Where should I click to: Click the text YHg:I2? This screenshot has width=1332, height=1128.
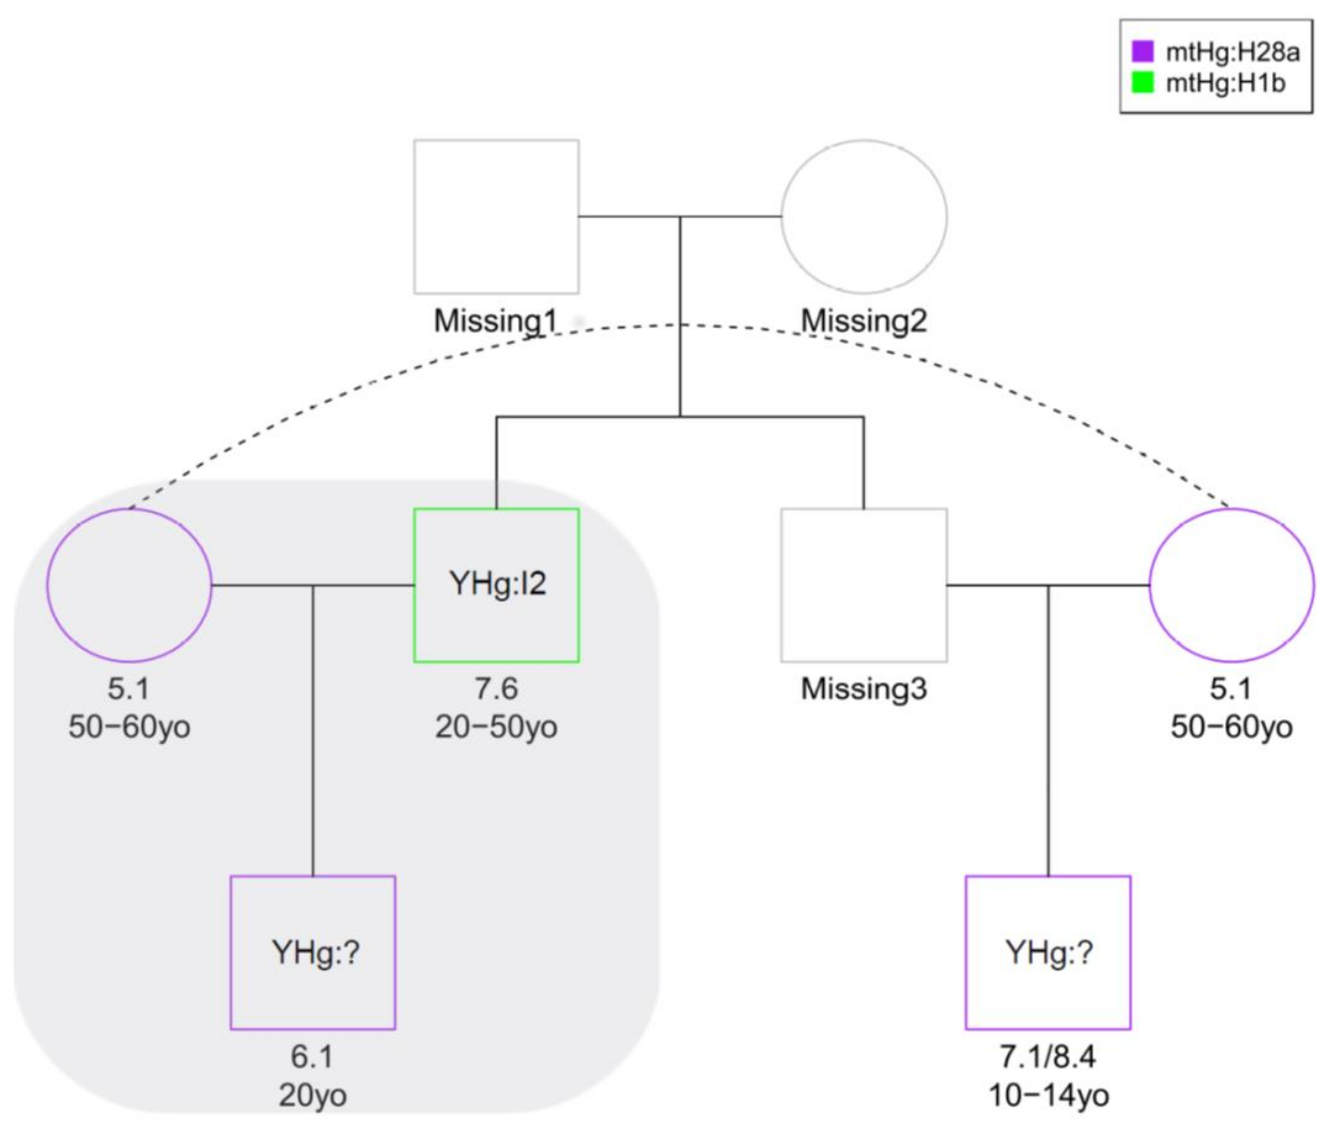pyautogui.click(x=497, y=583)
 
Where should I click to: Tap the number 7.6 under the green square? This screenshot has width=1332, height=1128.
pyautogui.click(x=496, y=689)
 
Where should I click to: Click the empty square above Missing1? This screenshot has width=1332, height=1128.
pyautogui.click(x=496, y=217)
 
